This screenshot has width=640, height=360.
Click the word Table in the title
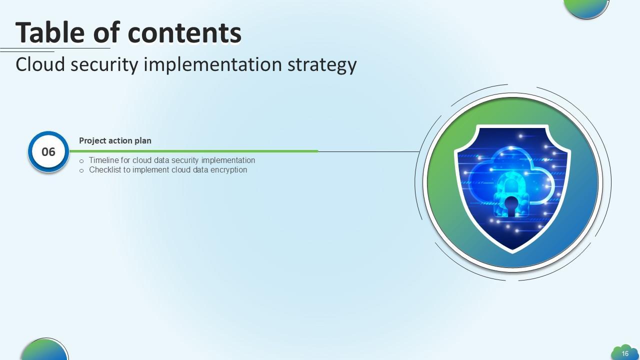tap(50, 32)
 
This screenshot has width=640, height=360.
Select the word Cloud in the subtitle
tap(40, 64)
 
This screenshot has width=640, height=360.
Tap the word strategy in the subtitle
tap(322, 65)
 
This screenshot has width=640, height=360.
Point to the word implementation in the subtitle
tap(213, 65)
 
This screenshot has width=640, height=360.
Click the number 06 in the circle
tap(48, 152)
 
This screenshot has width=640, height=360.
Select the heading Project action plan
tap(115, 140)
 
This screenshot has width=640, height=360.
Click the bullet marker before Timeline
tap(81, 161)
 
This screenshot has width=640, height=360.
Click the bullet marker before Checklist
tap(81, 171)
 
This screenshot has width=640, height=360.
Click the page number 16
tap(625, 353)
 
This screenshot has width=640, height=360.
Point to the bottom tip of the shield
tap(512, 252)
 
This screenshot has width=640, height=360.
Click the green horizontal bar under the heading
tap(193, 151)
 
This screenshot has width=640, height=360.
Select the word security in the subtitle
tap(104, 65)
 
